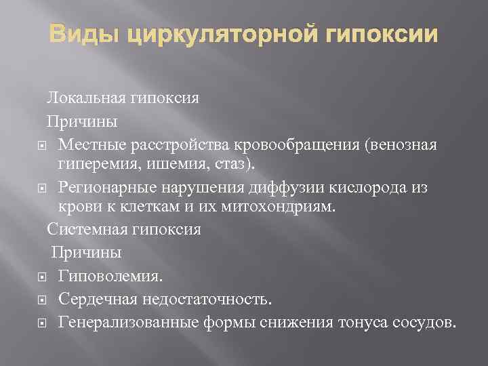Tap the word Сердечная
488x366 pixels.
pyautogui.click(x=93, y=299)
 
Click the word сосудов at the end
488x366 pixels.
pyautogui.click(x=421, y=321)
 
